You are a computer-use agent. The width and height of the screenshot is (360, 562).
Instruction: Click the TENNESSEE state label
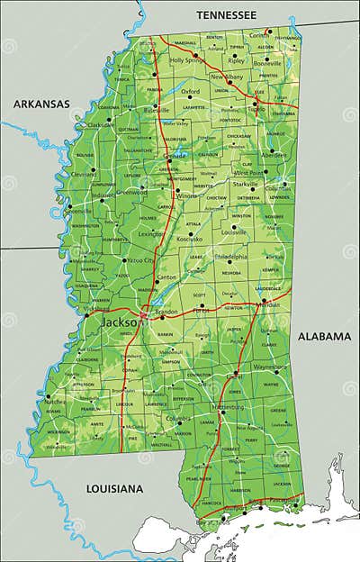227,14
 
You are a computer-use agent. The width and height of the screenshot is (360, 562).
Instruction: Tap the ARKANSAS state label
40,104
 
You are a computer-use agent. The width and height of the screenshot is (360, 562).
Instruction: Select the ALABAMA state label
323,336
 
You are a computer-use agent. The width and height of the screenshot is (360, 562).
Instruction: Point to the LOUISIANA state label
114,488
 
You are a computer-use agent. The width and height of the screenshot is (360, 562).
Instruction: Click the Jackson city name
120,322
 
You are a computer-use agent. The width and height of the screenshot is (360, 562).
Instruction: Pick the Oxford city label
190,91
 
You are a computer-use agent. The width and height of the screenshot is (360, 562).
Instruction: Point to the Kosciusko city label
190,240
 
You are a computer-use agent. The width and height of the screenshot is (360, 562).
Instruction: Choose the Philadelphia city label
233,256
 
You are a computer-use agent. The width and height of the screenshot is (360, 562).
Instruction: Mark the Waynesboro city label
268,367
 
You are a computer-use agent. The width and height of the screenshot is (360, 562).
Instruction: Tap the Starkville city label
245,184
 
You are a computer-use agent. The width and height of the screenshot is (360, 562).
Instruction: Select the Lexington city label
151,233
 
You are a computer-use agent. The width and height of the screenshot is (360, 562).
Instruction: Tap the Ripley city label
236,61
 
